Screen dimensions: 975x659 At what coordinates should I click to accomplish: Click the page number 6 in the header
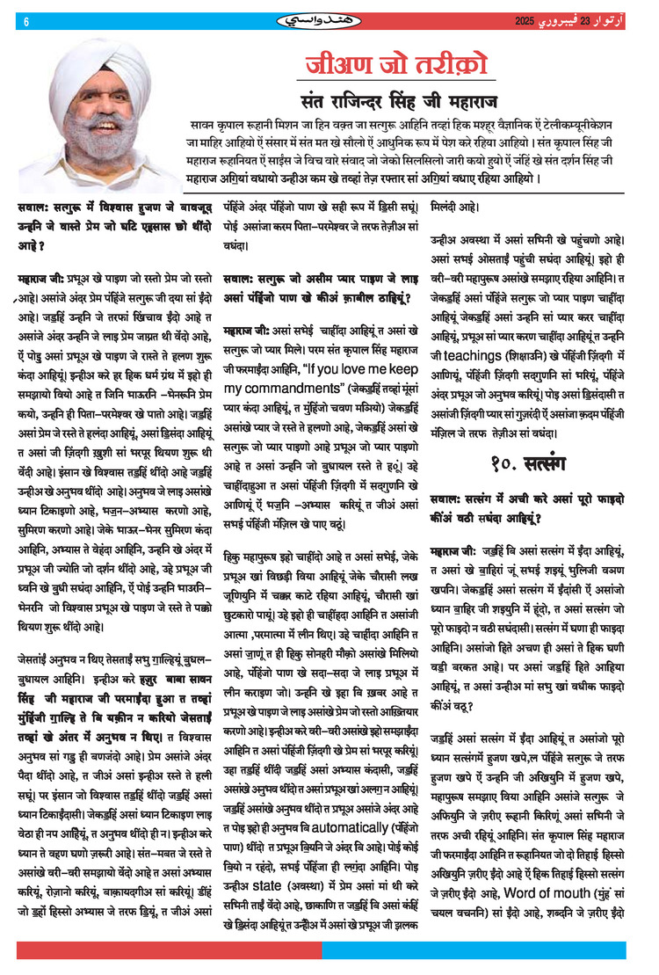(x=26, y=20)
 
